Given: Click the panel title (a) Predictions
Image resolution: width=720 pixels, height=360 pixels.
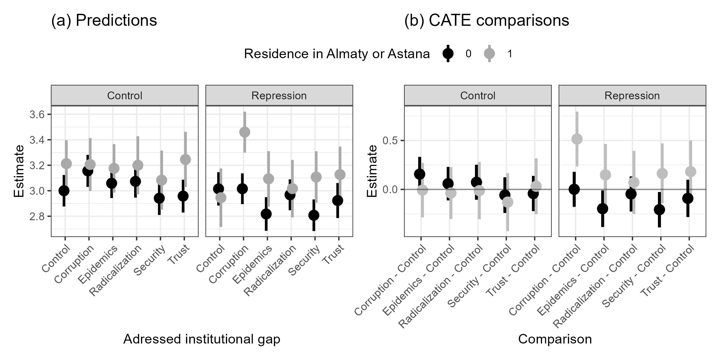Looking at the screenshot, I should coord(104,21).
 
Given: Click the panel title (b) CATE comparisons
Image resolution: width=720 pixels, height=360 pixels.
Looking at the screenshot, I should coord(487,21).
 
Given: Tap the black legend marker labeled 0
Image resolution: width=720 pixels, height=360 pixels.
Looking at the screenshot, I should coord(448,54).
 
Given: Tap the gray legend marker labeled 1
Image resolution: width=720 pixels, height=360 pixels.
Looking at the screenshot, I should coord(489,54).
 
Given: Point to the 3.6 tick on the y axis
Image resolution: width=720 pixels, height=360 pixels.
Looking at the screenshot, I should coord(36,115).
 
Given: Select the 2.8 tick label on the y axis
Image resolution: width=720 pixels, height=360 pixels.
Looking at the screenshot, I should coord(36,216).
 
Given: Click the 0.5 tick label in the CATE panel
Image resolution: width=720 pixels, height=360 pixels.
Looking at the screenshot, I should coord(390,140).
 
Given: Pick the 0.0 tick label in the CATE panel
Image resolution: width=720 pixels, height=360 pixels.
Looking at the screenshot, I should coord(390,189).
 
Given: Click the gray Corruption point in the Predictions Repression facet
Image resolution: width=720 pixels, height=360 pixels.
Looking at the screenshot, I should coord(244,132).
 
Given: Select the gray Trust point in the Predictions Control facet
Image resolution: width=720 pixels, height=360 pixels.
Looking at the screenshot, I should coord(185,159).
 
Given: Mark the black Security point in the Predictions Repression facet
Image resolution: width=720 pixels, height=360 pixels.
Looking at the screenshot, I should coord(313,215).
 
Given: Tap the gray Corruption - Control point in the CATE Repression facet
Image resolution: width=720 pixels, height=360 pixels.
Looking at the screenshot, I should coord(577,139).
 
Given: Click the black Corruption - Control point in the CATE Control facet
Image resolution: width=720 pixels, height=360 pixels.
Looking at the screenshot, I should coord(419,174).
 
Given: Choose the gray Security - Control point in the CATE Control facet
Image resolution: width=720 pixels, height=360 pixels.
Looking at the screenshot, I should coord(508,202).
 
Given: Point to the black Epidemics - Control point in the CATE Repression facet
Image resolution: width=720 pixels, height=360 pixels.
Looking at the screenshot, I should coord(602,208).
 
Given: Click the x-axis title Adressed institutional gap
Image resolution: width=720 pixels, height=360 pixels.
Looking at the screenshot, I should coord(202,339).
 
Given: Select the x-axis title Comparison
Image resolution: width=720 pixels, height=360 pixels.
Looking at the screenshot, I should coord(555,339).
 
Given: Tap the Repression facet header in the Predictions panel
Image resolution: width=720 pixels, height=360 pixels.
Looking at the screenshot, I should coord(279,96).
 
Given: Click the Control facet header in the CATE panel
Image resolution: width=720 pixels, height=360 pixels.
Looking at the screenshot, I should coord(478,96).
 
